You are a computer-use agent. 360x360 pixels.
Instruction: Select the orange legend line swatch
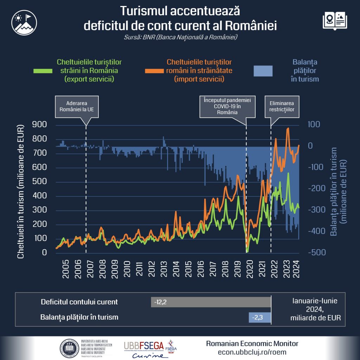tap(155, 70)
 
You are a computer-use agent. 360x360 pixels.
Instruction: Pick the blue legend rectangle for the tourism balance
tap(263, 71)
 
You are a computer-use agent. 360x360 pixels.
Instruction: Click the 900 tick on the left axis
tap(39, 124)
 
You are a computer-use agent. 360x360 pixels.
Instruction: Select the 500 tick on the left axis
tap(39, 181)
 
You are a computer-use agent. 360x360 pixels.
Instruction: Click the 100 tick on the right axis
tap(314, 124)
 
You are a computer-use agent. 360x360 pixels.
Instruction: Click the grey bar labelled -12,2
tap(211, 302)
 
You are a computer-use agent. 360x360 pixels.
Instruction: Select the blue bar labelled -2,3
tap(260, 317)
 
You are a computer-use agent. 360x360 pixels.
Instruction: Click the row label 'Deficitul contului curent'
tap(79, 302)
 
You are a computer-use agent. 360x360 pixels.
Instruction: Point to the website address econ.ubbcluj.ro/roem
tap(252, 352)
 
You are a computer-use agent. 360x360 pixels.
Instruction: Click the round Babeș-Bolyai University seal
tap(69, 348)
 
